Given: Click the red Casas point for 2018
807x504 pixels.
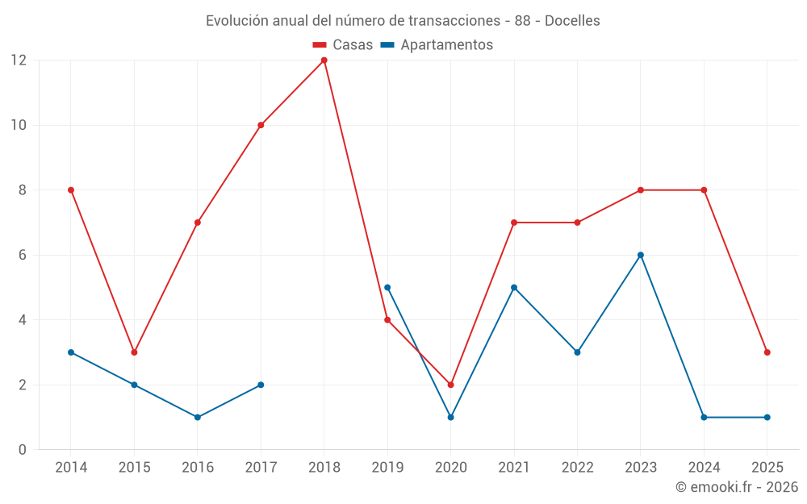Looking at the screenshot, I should [x=324, y=60].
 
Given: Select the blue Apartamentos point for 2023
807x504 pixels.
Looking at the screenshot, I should [x=641, y=255].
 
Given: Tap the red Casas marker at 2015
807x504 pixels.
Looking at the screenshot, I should [x=134, y=352].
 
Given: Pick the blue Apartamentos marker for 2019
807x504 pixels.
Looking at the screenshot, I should [x=387, y=287].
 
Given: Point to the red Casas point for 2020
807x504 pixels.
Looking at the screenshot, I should [x=450, y=385].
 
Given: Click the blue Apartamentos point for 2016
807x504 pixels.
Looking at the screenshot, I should [x=198, y=417].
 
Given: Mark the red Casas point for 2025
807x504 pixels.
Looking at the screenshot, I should [x=767, y=352].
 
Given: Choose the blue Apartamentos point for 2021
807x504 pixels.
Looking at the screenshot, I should [x=514, y=287].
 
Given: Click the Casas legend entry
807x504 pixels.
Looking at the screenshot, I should [x=343, y=45].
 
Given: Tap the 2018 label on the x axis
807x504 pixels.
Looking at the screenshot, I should [x=324, y=468].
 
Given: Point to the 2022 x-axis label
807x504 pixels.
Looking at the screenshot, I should [x=577, y=468].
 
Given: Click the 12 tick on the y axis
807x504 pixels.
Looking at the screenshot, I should [x=19, y=60].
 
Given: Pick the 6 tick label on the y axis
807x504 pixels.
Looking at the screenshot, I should [x=23, y=255].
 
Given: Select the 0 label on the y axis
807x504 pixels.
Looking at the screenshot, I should [x=23, y=449].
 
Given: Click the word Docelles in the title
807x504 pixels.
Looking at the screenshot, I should [x=572, y=21].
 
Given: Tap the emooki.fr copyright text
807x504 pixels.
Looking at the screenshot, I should [x=737, y=487].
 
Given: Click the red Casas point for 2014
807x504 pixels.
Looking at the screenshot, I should [x=71, y=190].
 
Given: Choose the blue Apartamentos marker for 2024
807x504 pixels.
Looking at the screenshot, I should [x=704, y=417].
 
